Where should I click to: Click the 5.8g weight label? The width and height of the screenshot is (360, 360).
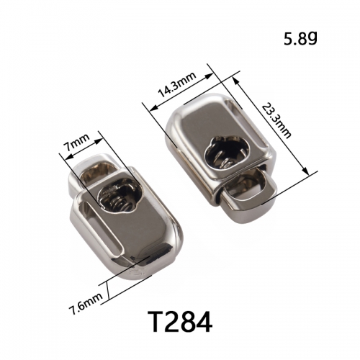pyautogui.click(x=300, y=39)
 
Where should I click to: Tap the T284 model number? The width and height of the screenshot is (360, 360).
pyautogui.click(x=180, y=322)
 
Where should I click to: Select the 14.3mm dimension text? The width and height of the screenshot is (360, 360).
pyautogui.click(x=177, y=84)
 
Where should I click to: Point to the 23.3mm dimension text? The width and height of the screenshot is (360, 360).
pyautogui.click(x=276, y=120)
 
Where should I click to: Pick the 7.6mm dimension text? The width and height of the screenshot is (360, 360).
pyautogui.click(x=86, y=303)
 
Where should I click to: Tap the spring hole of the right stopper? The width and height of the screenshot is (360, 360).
pyautogui.click(x=227, y=152)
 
